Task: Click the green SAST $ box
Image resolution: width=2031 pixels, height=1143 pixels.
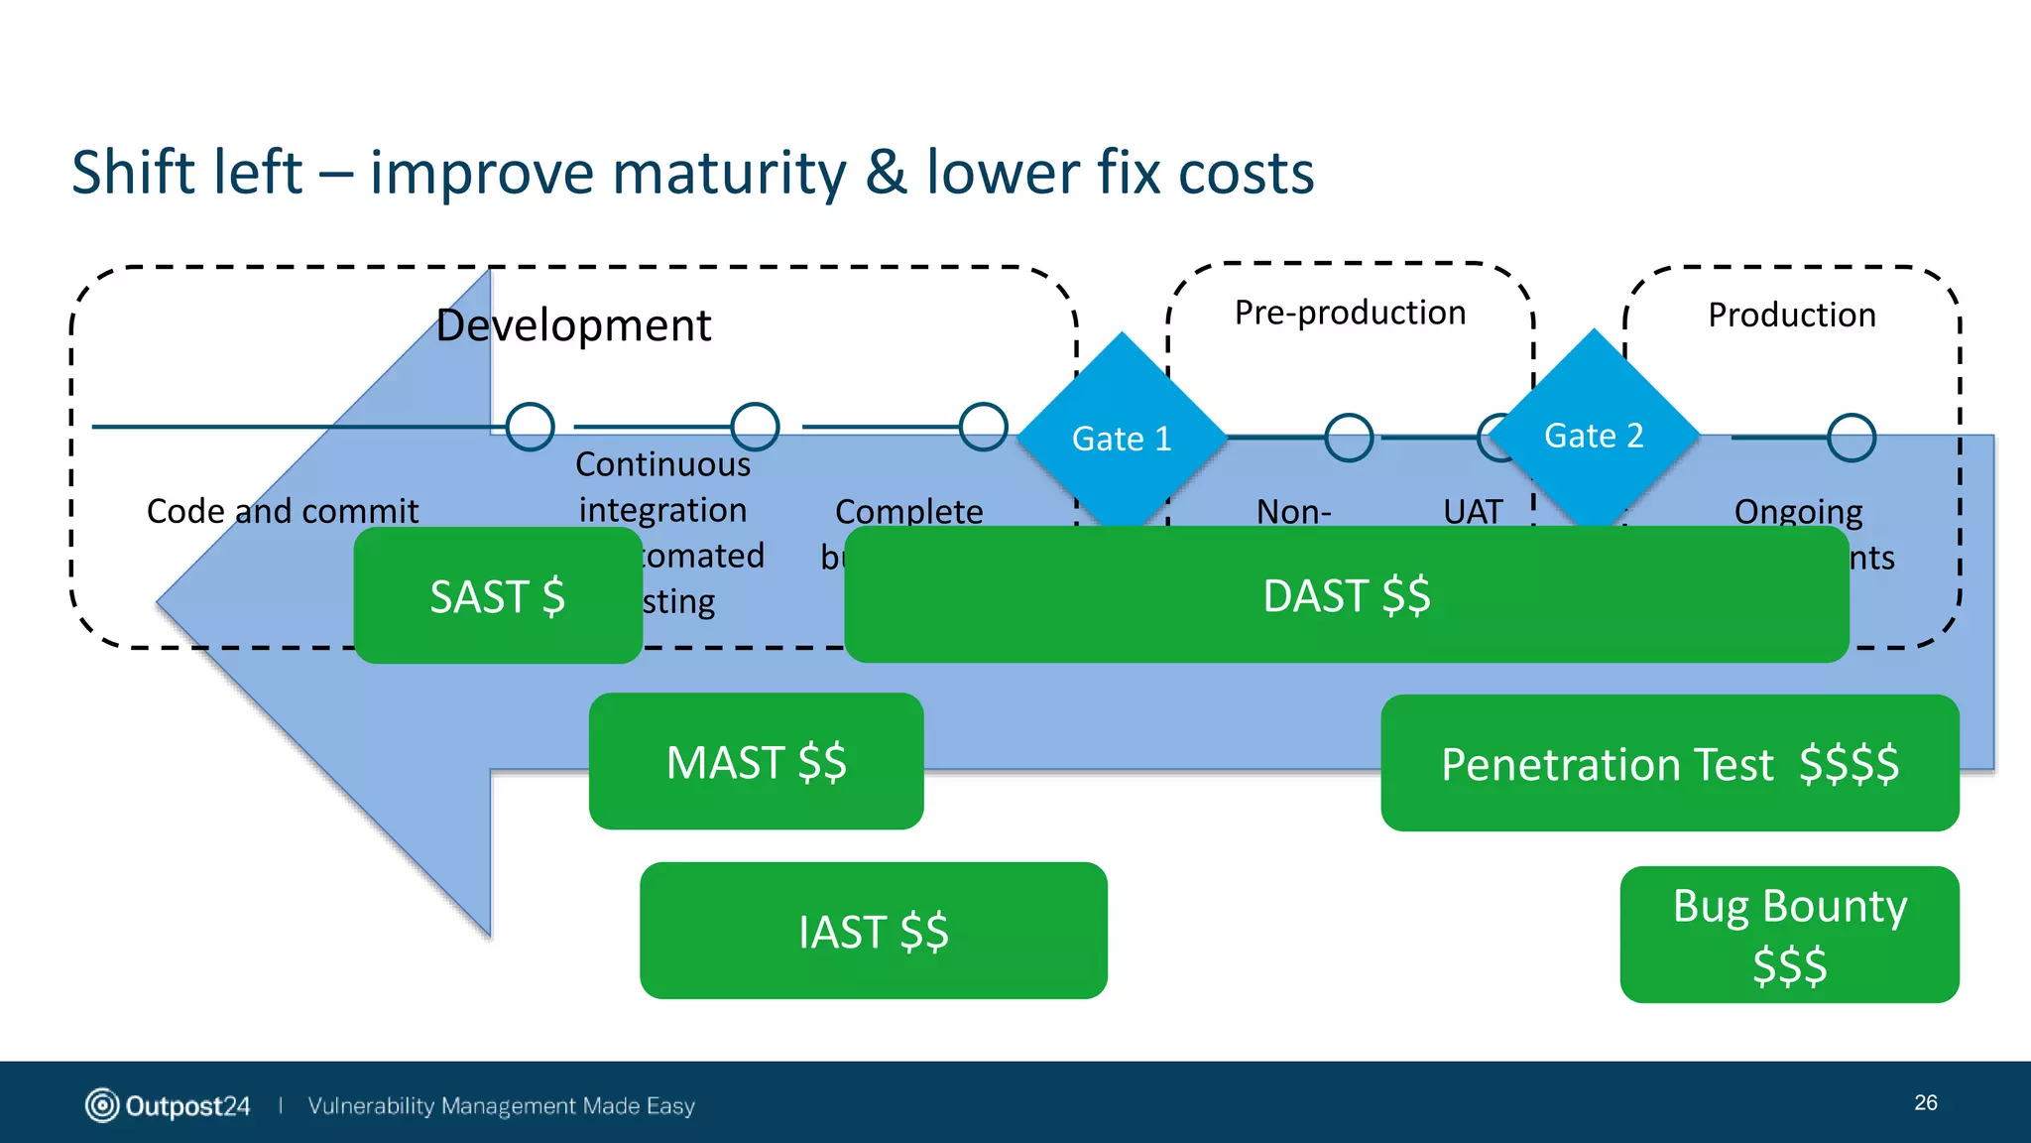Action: click(497, 595)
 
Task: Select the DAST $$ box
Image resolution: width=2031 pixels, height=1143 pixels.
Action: click(1346, 595)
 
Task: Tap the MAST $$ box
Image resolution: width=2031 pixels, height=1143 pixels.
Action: click(756, 762)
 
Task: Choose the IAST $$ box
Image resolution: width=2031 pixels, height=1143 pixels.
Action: click(873, 931)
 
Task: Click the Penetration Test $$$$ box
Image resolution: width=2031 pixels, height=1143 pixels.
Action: click(1669, 763)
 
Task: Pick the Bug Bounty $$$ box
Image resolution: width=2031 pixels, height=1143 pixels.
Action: click(1789, 935)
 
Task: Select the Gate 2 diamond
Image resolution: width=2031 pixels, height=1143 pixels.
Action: click(1594, 435)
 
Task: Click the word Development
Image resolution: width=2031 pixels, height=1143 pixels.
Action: click(573, 325)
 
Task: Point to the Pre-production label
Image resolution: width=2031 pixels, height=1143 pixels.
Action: click(1350, 313)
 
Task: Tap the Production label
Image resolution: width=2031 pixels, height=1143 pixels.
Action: click(1791, 315)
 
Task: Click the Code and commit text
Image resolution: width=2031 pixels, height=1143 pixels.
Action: click(283, 511)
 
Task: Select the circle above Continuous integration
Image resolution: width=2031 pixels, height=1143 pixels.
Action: click(755, 427)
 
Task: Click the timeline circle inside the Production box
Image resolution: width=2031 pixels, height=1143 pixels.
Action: click(1851, 438)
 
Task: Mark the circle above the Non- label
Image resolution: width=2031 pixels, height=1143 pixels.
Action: click(1349, 438)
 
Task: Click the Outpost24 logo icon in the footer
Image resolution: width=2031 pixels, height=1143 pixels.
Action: click(101, 1105)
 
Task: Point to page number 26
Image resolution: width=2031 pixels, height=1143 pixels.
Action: click(1925, 1102)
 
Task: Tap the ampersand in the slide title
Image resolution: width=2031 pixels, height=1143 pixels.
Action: click(885, 173)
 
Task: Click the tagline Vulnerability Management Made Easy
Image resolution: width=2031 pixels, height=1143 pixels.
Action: click(501, 1105)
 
